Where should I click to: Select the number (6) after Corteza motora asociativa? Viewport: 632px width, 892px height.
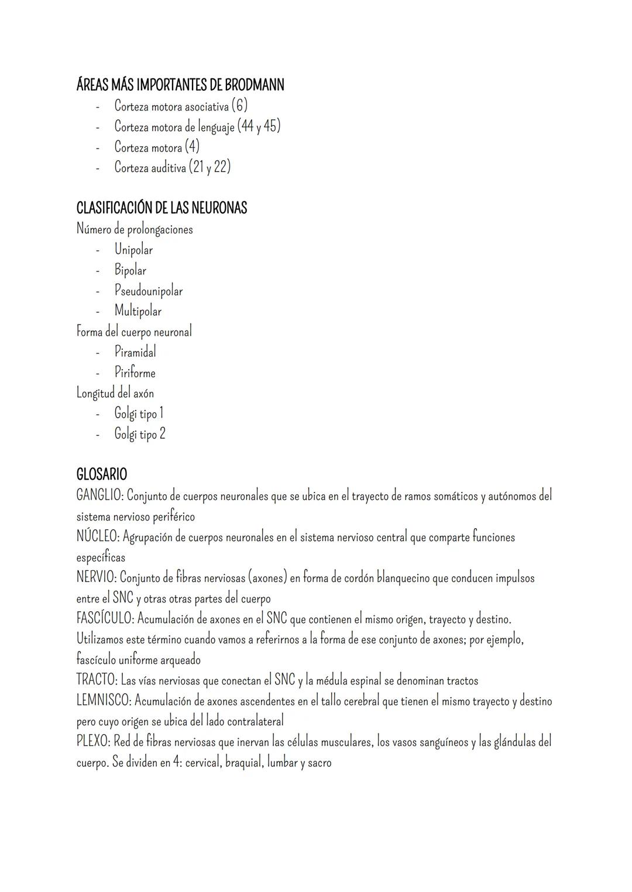(239, 106)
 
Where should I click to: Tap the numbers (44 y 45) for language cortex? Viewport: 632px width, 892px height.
(259, 126)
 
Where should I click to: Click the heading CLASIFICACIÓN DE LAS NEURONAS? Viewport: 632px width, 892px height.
(162, 208)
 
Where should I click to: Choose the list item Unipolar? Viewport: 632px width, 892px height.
(133, 250)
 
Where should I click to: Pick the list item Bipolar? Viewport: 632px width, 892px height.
(130, 270)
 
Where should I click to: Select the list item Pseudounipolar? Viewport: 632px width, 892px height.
(149, 291)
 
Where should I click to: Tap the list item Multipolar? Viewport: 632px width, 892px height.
(138, 311)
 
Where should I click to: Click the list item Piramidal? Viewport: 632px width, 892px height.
(135, 352)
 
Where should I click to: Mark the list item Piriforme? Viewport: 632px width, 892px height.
(135, 373)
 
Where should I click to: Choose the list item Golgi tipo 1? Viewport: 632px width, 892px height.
(139, 414)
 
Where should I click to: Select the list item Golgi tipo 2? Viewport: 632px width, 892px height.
(140, 434)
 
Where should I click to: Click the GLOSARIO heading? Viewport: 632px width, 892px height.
(102, 474)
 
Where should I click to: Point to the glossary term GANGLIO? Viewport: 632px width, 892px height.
(99, 495)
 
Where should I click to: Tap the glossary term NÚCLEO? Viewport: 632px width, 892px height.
(97, 536)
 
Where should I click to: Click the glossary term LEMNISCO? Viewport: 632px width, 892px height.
(103, 701)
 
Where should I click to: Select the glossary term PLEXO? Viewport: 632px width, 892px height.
(92, 742)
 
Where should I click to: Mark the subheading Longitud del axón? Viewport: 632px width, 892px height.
(115, 393)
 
